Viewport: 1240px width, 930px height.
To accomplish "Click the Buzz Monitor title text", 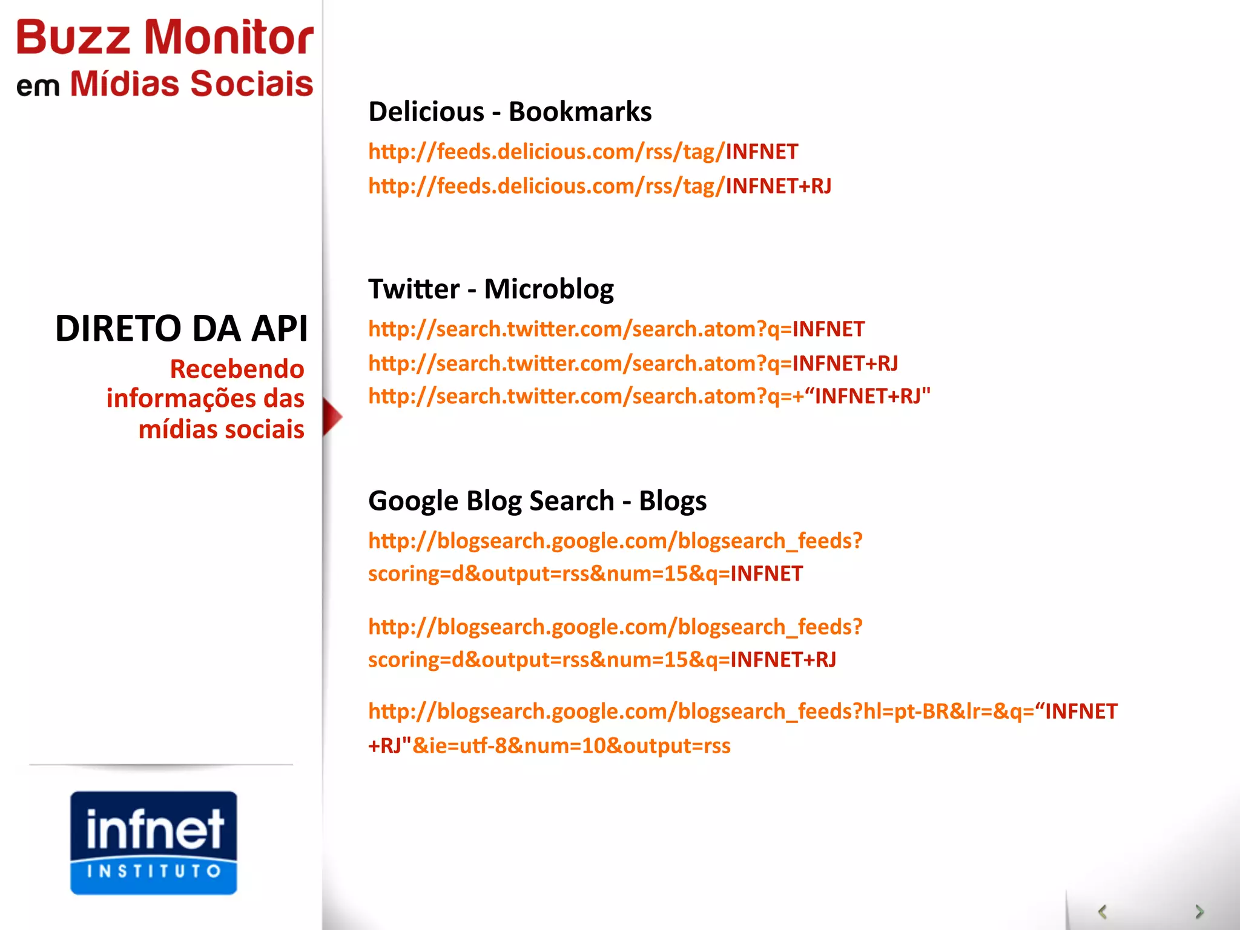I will click(x=165, y=38).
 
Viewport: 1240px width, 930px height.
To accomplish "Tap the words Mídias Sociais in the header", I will click(x=191, y=84).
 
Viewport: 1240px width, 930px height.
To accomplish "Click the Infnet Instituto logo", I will click(x=154, y=842).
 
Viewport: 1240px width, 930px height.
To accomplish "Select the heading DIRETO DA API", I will click(x=181, y=329).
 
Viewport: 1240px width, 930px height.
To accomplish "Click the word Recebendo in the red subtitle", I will click(x=237, y=369).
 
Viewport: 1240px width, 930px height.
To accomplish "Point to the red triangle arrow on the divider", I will click(x=332, y=417).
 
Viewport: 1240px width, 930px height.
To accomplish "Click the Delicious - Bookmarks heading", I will click(x=510, y=112).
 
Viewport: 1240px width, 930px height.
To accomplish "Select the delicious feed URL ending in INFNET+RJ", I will click(x=599, y=186).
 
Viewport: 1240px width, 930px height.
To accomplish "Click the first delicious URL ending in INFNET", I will click(x=583, y=151).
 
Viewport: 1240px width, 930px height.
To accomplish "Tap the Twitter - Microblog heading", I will click(x=490, y=289).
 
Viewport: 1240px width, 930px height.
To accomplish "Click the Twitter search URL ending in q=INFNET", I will click(x=616, y=329).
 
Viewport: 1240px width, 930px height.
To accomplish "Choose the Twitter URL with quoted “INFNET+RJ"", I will click(x=649, y=397).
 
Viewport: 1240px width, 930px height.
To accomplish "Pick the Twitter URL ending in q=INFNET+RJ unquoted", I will click(x=633, y=363).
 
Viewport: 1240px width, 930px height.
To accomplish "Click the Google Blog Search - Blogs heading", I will click(x=537, y=501).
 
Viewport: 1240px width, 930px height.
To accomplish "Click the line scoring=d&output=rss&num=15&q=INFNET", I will click(x=585, y=573).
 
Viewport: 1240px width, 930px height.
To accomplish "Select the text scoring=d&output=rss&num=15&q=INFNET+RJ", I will click(x=602, y=659).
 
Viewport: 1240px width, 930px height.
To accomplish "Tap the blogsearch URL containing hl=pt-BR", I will click(x=742, y=711).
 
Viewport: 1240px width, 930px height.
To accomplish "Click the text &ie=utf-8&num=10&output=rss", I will click(x=571, y=746).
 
